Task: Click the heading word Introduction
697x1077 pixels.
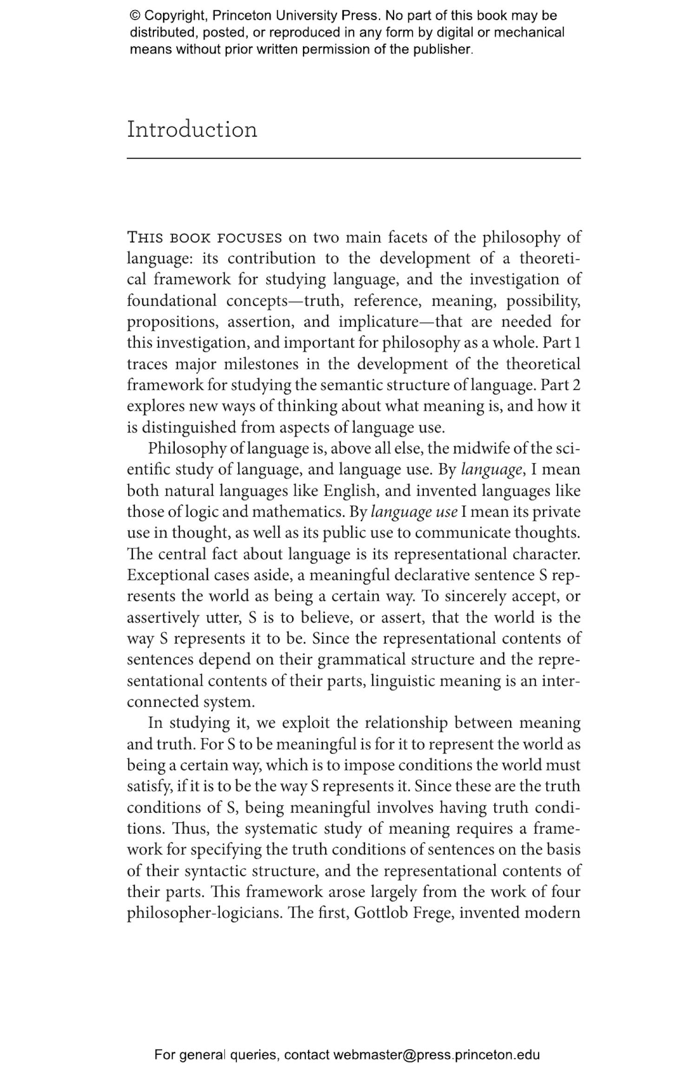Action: [192, 130]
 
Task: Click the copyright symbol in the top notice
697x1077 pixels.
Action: [135, 16]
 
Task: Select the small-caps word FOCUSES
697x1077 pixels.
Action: [250, 238]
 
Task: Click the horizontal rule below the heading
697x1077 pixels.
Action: [354, 158]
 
